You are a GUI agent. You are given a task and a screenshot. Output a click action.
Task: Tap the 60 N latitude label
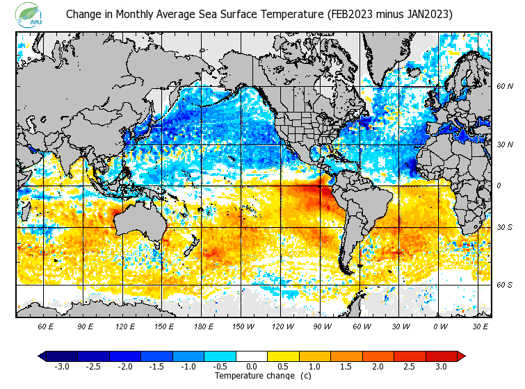coord(505,86)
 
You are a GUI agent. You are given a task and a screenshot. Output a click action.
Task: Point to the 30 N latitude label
coord(505,144)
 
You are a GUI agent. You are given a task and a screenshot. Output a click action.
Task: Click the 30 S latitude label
coord(505,227)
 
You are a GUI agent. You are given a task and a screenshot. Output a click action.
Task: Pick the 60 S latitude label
coord(505,285)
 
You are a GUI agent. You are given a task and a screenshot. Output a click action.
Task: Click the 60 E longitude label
coord(46,326)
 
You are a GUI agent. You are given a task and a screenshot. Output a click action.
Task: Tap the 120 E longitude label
coord(125,326)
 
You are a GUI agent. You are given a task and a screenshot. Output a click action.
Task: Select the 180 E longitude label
coord(204,326)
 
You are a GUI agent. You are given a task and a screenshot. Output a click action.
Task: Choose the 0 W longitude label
coord(440,326)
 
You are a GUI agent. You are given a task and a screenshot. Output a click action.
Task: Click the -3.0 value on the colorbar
coord(61,367)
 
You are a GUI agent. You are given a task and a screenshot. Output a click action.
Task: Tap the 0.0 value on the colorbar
coord(252,367)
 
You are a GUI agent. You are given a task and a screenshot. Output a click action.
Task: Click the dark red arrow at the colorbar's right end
coord(461,356)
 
